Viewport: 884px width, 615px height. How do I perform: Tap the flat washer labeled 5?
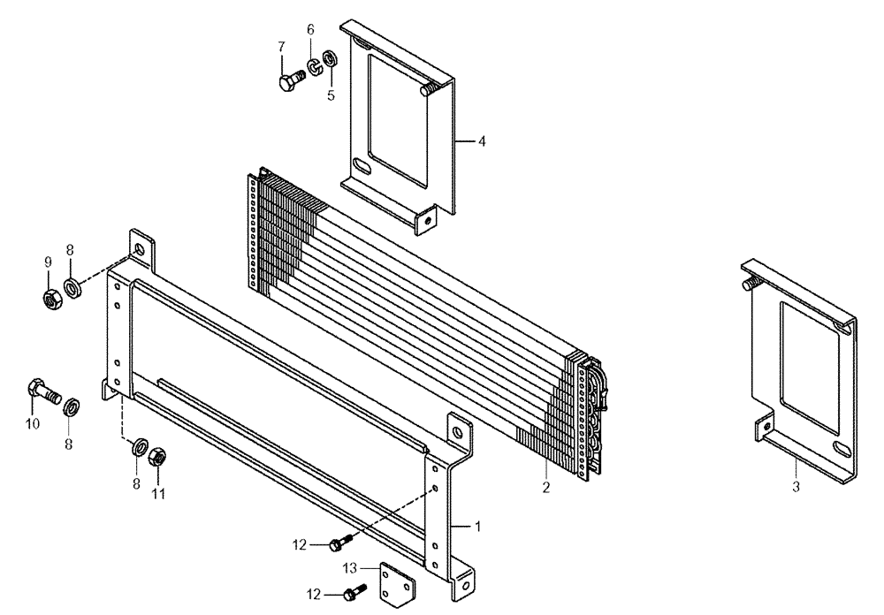(329, 58)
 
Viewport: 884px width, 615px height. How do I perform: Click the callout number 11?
(159, 495)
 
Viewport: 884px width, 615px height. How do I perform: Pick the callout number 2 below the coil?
(546, 487)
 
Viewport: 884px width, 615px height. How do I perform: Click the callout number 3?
(796, 487)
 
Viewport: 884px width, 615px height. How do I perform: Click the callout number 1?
(478, 526)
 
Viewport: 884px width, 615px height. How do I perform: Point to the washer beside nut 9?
(73, 285)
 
